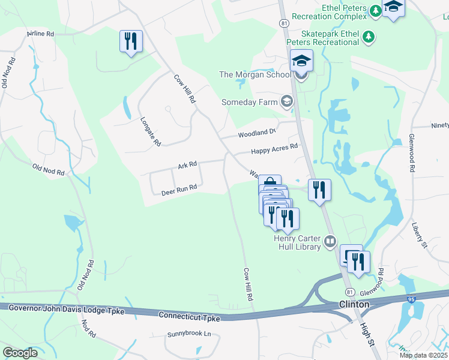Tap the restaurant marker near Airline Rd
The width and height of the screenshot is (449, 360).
click(131, 41)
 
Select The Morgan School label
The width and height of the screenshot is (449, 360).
click(255, 74)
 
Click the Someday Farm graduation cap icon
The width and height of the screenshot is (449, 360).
click(287, 101)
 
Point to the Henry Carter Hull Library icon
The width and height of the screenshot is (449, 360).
click(330, 242)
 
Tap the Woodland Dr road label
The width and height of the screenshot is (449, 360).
click(256, 131)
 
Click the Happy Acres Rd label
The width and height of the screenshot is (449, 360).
click(274, 148)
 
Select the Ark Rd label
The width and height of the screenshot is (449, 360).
click(187, 164)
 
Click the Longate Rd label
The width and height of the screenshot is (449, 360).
click(149, 131)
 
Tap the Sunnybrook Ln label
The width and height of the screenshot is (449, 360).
click(190, 334)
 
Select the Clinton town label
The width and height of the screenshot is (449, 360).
click(354, 304)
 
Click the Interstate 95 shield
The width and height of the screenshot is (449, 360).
click(411, 298)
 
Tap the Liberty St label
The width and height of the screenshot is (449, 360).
click(418, 235)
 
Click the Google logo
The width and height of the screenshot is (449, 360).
click(20, 353)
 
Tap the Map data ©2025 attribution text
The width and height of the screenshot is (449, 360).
click(423, 355)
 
